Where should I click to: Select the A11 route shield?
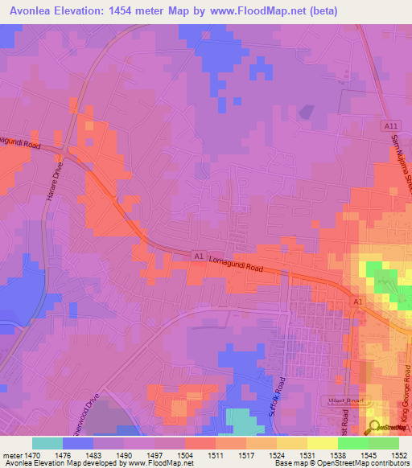click(x=390, y=126)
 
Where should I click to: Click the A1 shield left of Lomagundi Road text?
click(x=198, y=255)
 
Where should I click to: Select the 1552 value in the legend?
click(x=399, y=454)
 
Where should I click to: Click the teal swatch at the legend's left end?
click(x=47, y=443)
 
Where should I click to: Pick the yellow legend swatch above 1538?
click(x=322, y=443)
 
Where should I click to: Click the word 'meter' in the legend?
click(x=13, y=454)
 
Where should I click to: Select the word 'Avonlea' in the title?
click(x=31, y=10)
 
